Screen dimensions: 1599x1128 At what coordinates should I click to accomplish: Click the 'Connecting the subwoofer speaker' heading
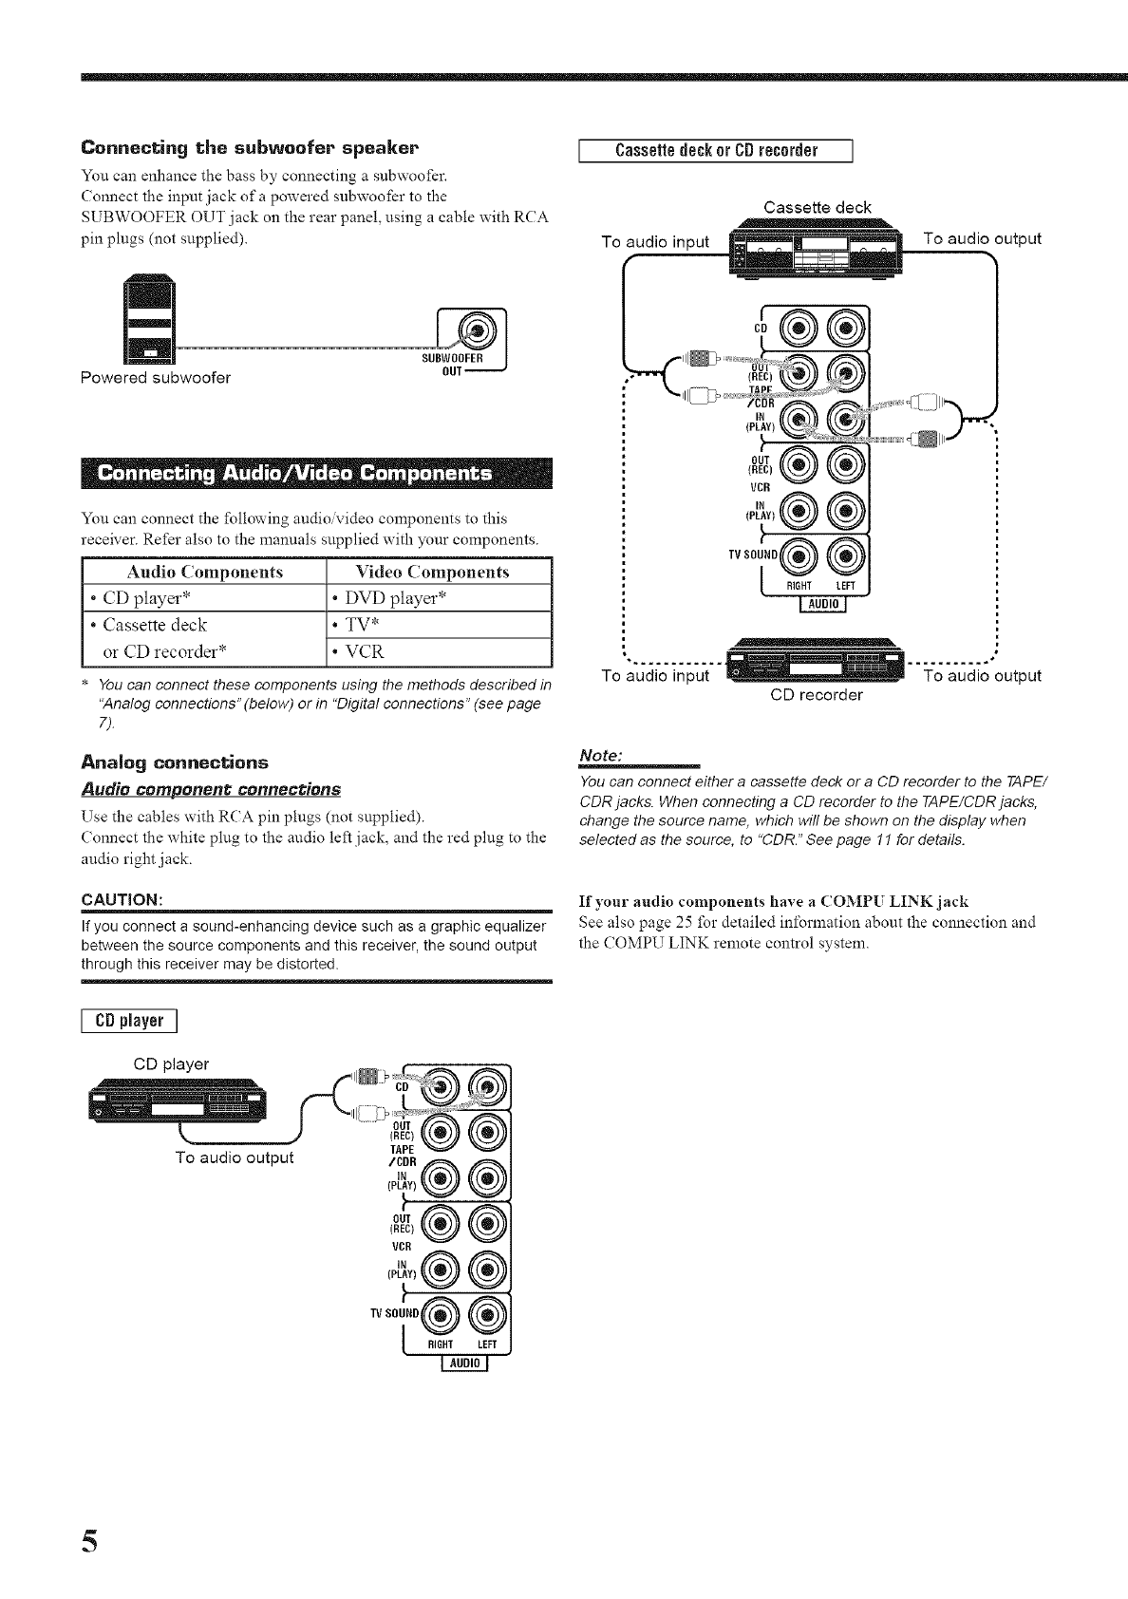[251, 148]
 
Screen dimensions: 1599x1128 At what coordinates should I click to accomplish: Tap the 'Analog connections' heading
[176, 762]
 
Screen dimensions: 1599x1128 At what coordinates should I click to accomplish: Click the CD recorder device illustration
[816, 660]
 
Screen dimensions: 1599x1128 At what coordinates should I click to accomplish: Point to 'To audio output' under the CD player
[235, 1157]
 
